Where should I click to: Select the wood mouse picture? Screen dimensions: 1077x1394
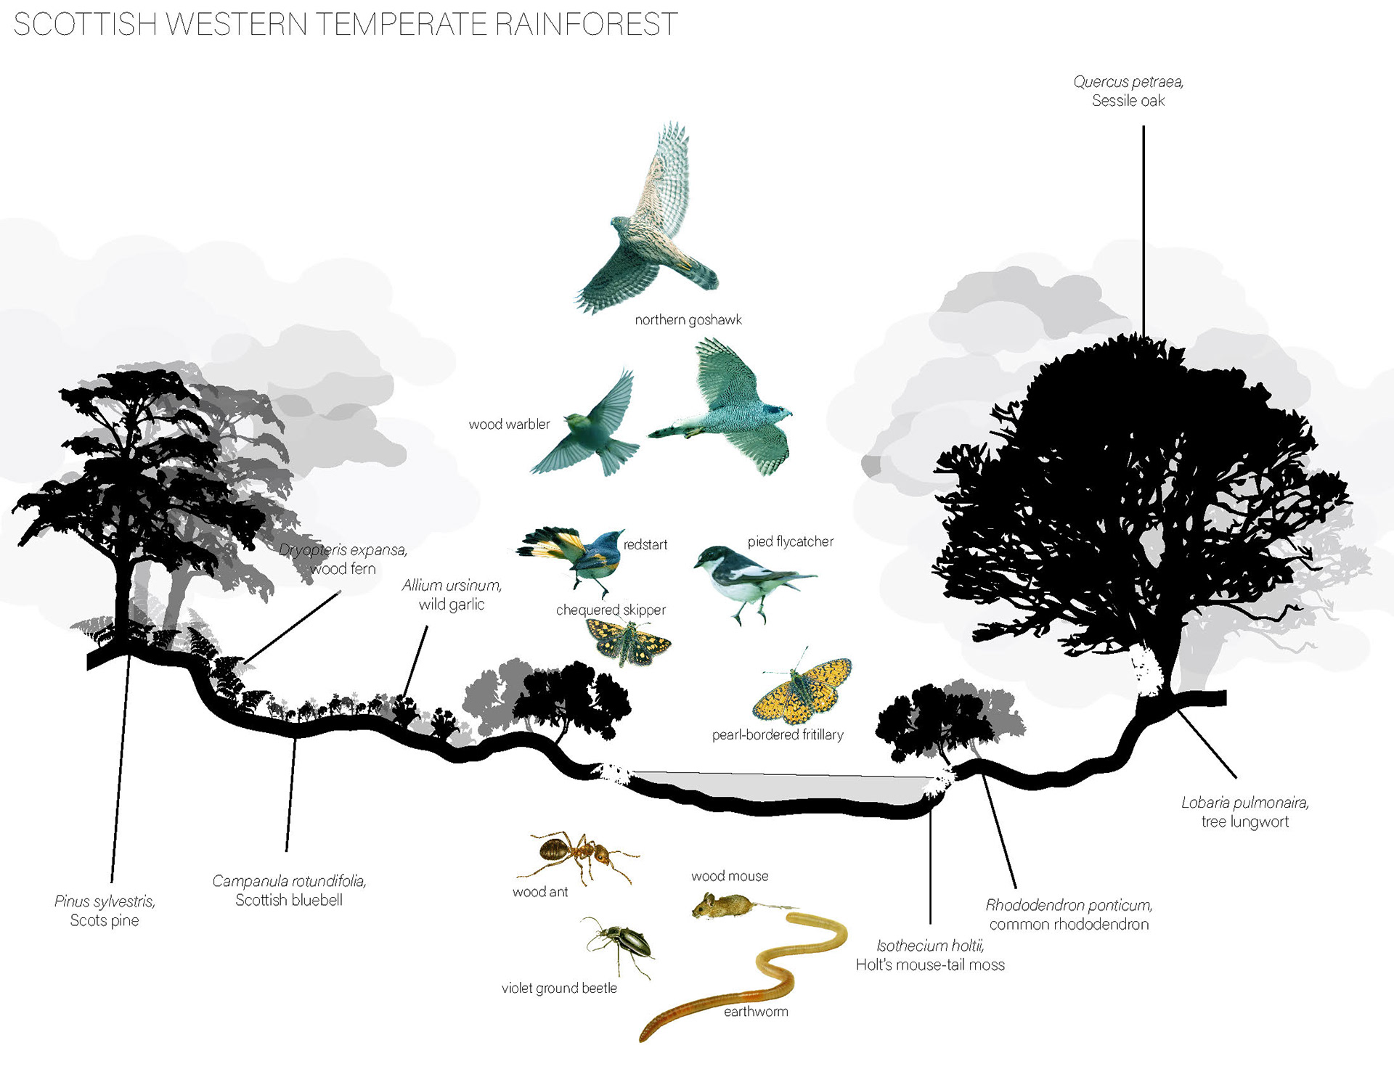click(722, 905)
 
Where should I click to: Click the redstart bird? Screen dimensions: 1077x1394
click(581, 555)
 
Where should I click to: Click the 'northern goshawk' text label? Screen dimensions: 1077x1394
click(688, 320)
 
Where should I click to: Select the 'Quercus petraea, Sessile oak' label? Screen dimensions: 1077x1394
click(1128, 91)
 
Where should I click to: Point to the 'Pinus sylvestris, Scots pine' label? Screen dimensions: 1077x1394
click(105, 911)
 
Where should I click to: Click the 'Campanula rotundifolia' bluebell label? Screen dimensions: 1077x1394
click(289, 890)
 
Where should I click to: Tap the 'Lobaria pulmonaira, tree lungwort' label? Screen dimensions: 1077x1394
click(1244, 812)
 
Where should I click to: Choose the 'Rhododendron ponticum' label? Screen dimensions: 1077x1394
click(1069, 914)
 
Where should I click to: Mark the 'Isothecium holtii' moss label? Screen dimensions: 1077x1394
click(930, 955)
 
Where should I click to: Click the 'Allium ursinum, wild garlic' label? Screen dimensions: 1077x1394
click(452, 594)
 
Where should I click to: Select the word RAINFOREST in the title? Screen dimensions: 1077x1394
click(587, 25)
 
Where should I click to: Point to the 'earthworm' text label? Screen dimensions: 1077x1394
click(756, 1012)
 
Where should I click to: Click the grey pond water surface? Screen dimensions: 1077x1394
click(777, 787)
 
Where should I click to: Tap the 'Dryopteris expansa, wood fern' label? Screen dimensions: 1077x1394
click(343, 560)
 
